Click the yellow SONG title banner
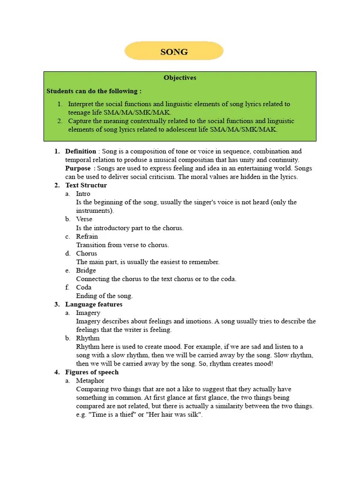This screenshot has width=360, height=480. coord(174,51)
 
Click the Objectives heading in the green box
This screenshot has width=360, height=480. coord(180,78)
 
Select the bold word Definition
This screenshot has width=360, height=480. coord(81,151)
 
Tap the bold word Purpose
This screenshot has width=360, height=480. coord(78,168)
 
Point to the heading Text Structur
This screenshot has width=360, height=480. coord(86,185)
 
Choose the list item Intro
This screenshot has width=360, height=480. coord(83,194)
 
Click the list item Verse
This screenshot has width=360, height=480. coord(84,219)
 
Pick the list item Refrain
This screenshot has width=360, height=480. coord(87,236)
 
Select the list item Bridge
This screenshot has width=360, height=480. coord(86,270)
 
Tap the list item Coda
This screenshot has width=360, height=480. coord(84,287)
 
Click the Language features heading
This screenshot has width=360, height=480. coord(94,304)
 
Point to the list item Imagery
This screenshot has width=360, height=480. coord(88,313)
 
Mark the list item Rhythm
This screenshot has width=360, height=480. coord(88,338)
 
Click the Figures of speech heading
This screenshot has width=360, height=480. coord(92,372)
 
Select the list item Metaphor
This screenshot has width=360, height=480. coord(90,381)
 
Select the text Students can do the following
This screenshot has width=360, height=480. coord(94,91)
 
